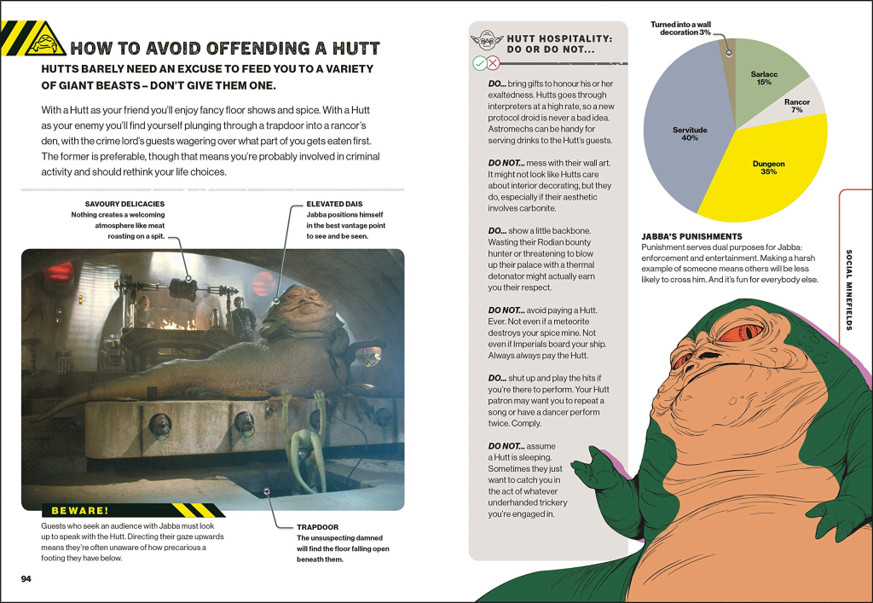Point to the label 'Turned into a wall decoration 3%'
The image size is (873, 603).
tap(680, 28)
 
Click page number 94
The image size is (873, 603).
tap(26, 579)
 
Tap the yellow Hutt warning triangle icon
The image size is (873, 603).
tap(46, 40)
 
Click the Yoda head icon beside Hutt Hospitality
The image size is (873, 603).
tap(487, 41)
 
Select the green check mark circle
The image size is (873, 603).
tap(479, 63)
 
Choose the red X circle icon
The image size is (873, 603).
tap(493, 63)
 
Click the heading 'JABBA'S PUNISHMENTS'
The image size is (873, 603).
tap(691, 236)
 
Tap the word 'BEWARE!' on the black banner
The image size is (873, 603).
tap(80, 511)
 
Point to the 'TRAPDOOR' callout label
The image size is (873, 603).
tap(317, 527)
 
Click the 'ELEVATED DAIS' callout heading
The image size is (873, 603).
tap(334, 204)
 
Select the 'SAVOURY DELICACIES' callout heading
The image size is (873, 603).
tap(124, 204)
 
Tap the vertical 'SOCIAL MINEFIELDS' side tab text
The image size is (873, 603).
tap(849, 289)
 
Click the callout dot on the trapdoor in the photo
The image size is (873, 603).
tap(267, 491)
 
